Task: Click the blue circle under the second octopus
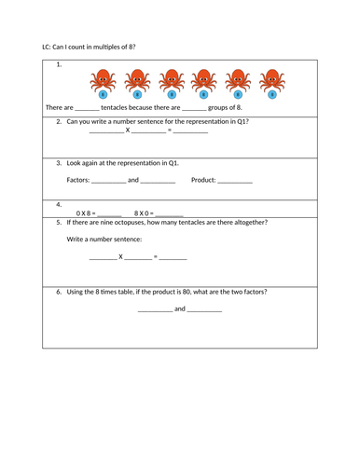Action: (x=137, y=94)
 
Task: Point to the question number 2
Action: (x=59, y=121)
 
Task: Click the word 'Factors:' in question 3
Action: (x=80, y=179)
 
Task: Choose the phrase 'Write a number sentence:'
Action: (x=104, y=240)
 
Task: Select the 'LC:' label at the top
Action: (x=49, y=46)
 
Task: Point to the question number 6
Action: (x=59, y=291)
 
